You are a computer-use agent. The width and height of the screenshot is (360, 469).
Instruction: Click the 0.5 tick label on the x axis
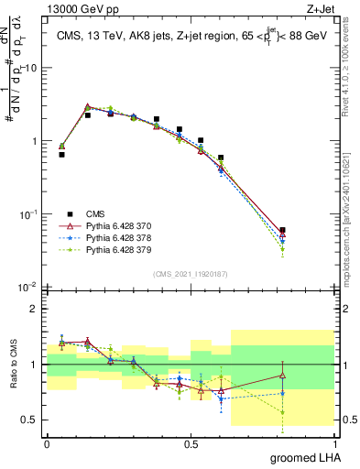pyautogui.click(x=191, y=444)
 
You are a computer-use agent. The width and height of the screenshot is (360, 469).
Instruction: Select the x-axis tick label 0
pyautogui.click(x=47, y=444)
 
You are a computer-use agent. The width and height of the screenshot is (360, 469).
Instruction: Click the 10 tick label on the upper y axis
pyautogui.click(x=31, y=69)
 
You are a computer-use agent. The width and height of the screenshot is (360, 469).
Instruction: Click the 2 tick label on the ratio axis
pyautogui.click(x=37, y=309)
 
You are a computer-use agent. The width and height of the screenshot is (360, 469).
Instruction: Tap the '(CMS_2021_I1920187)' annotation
pyautogui.click(x=190, y=273)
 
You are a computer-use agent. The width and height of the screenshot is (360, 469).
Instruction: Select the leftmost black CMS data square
pyautogui.click(x=61, y=155)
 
